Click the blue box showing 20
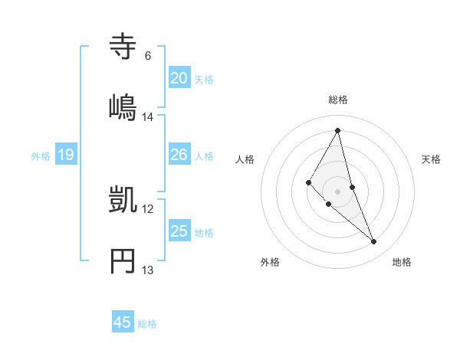179,78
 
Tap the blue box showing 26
179,155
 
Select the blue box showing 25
179,231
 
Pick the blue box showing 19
65,155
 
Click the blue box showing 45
122,322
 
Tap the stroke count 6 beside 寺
147,56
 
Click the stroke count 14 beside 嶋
148,117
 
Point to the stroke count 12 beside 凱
148,208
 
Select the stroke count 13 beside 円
148,270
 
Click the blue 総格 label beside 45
147,323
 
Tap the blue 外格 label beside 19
41,155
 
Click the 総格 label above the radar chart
338,100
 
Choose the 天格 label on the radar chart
432,159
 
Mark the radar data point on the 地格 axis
374,241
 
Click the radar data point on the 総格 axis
338,130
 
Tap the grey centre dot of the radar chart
338,191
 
